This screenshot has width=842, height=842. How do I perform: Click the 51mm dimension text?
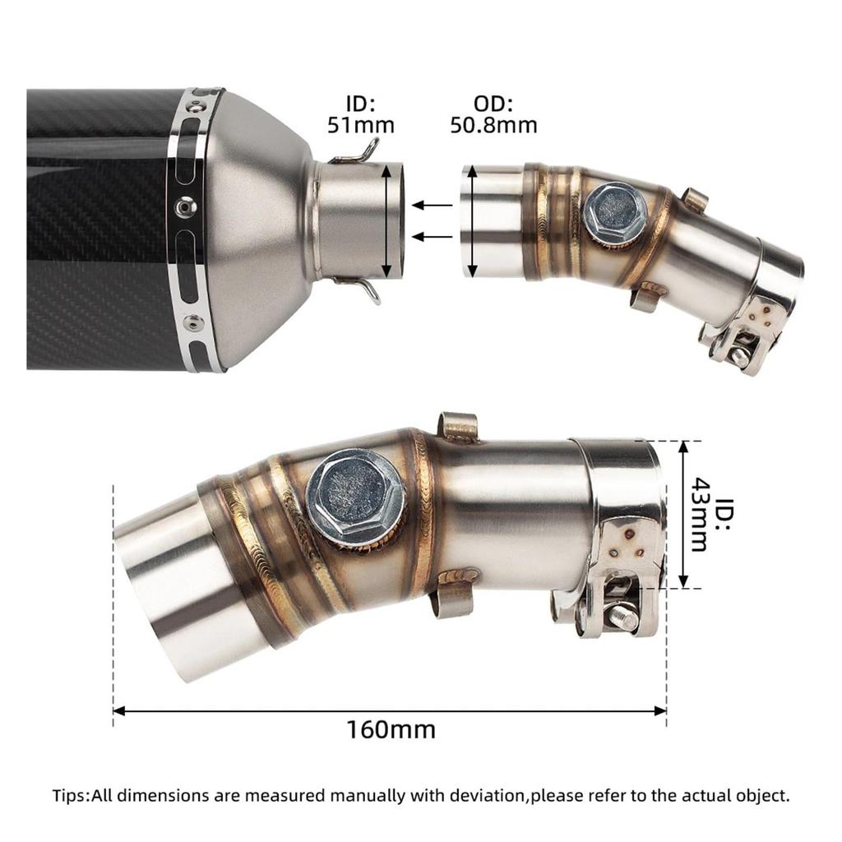click(361, 125)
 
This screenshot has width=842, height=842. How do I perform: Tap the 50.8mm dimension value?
click(493, 125)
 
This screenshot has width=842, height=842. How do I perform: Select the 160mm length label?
click(391, 730)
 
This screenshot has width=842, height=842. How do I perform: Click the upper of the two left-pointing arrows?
click(433, 205)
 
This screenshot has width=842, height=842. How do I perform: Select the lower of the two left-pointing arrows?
click(433, 236)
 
